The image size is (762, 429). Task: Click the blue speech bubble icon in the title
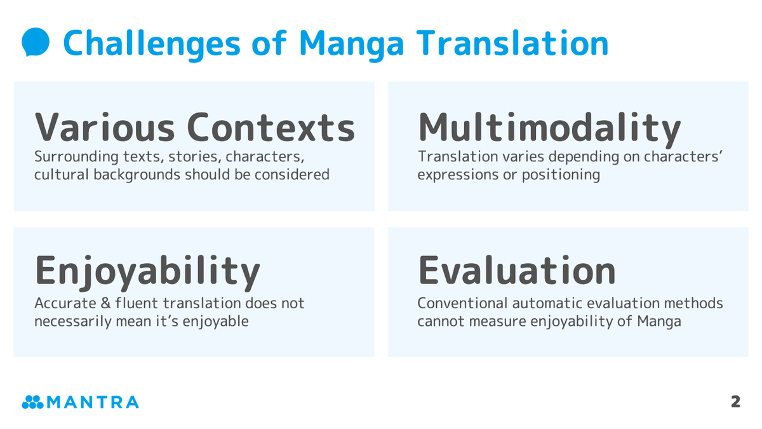pos(36,42)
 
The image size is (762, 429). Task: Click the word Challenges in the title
pos(151,43)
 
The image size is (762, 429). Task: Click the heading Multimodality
pos(549,128)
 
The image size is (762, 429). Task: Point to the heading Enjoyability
pos(147,271)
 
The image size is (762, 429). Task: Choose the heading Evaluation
pos(516,270)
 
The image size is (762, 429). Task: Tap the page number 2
pos(735,402)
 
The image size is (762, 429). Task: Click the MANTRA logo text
pos(92,402)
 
